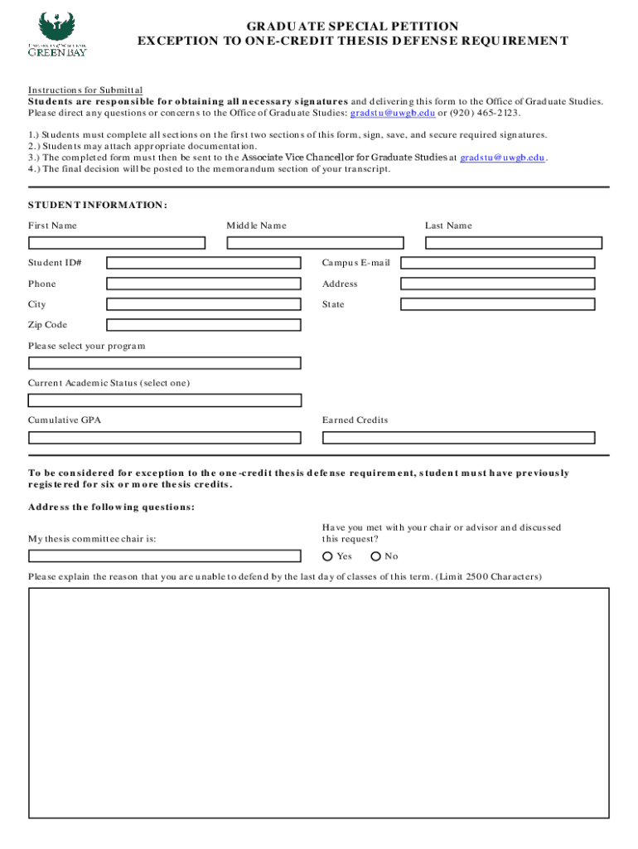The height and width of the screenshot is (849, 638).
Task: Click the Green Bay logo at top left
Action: click(57, 34)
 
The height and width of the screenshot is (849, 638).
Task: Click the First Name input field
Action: click(117, 243)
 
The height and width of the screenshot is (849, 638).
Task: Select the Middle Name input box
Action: click(315, 243)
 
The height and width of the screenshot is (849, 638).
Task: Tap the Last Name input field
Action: click(510, 243)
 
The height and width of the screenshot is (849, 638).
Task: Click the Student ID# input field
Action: click(204, 263)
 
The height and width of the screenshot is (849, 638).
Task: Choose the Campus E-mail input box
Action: click(497, 263)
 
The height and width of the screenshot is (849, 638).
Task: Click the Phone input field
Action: click(204, 284)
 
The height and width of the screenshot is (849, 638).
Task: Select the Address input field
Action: click(497, 284)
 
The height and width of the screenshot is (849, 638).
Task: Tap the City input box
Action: click(204, 304)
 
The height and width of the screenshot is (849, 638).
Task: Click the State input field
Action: click(497, 304)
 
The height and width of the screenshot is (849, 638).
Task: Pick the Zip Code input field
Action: click(204, 325)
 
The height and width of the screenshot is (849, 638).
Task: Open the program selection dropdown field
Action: click(165, 363)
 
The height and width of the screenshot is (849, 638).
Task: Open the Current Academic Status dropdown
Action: click(165, 400)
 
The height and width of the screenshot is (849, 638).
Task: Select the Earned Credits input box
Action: click(458, 438)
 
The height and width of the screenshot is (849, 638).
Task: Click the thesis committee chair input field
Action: click(165, 556)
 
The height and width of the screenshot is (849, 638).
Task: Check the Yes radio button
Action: click(327, 556)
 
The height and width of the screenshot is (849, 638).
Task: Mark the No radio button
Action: click(375, 556)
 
